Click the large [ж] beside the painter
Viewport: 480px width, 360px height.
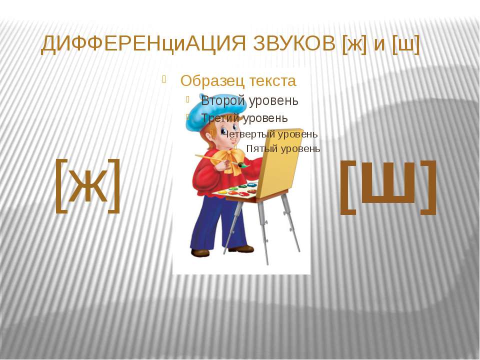point(88,185)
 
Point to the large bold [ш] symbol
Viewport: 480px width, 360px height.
point(388,187)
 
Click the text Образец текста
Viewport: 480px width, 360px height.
point(238,81)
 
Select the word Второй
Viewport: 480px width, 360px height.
point(223,100)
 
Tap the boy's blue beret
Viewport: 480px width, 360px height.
point(215,112)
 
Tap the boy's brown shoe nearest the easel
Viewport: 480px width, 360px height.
point(242,249)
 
